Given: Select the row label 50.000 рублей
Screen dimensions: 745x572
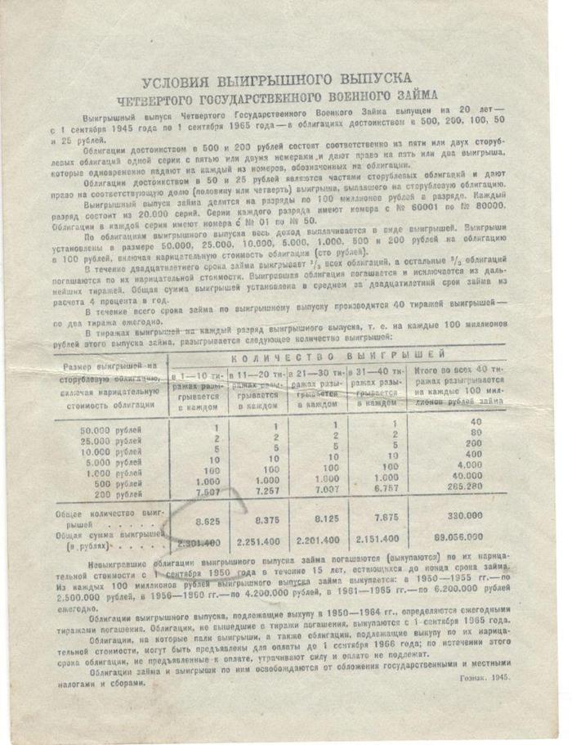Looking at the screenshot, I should click(x=108, y=429).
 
